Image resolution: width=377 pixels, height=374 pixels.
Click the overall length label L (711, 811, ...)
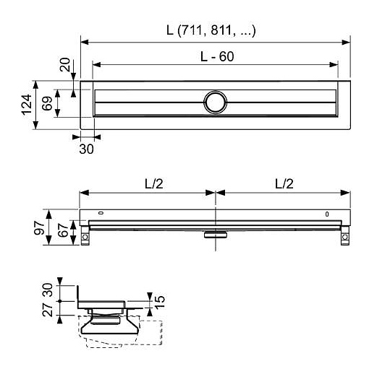tap(211, 30)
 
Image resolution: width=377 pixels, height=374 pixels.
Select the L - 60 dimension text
tap(217, 57)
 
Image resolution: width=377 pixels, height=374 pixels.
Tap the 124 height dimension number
tap(27, 105)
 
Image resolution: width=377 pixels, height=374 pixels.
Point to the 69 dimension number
tap(47, 103)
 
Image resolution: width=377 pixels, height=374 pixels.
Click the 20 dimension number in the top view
tap(65, 64)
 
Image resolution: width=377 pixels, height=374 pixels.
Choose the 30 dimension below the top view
tap(86, 149)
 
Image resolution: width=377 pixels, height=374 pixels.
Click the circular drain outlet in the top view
tap(216, 102)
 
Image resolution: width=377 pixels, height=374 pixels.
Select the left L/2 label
tap(154, 184)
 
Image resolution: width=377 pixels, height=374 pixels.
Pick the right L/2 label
tap(284, 184)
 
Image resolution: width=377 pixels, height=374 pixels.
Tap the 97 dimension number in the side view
tap(39, 227)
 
